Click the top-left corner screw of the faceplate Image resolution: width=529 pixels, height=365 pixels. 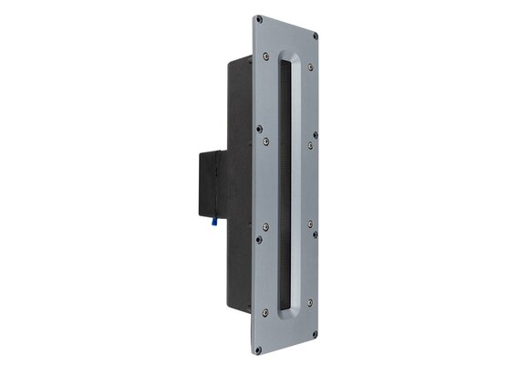[x=259, y=17]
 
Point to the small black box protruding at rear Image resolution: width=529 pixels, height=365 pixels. [x=208, y=183]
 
